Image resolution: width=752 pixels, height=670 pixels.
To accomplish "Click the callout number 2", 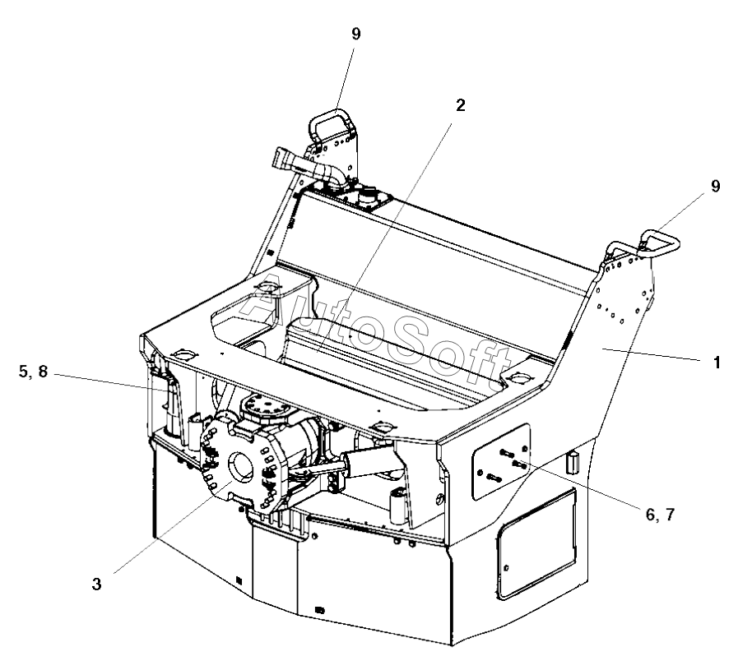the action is [x=461, y=104].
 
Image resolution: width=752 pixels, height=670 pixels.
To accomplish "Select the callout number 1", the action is [x=717, y=361].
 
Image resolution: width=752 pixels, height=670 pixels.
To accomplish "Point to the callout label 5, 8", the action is [x=32, y=372].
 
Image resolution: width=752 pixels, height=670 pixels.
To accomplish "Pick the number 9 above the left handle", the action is [x=355, y=33].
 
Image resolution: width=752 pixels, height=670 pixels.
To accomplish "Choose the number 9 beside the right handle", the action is [x=715, y=186].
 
